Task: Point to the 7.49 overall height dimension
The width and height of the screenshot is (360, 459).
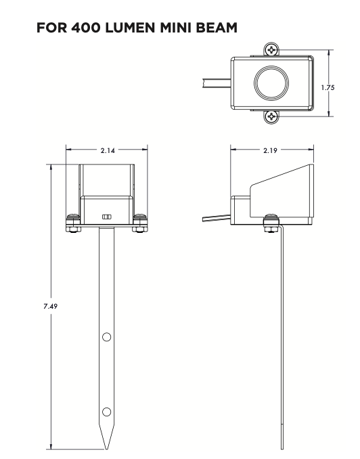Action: [51, 307]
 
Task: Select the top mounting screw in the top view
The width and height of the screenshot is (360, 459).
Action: [271, 50]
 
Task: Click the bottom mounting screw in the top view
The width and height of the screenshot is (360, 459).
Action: [271, 116]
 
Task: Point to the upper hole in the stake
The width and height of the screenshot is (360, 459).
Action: [106, 336]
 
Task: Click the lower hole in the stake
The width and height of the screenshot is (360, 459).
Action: [106, 411]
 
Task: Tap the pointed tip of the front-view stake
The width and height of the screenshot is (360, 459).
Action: [106, 446]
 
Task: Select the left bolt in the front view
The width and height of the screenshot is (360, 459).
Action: [72, 221]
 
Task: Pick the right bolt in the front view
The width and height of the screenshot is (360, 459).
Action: [140, 221]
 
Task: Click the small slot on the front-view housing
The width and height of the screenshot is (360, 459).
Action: [106, 216]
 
